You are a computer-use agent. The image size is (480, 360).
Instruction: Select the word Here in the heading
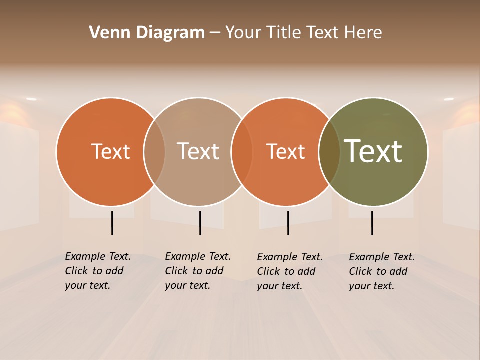point(363,33)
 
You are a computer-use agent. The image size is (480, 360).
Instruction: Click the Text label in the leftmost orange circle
point(110,151)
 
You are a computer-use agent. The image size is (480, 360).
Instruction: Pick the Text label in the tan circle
point(198,151)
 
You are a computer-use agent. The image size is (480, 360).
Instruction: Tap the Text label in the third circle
point(286,151)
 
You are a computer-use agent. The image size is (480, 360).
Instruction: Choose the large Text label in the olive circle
point(373,151)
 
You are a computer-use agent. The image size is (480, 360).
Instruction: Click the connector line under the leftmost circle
point(112,223)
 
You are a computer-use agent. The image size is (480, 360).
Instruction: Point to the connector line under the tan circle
point(200,223)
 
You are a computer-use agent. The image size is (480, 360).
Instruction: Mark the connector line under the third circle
point(288,223)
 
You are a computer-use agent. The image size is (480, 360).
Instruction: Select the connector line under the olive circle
point(372,223)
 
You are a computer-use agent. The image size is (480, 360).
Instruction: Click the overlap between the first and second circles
point(154,151)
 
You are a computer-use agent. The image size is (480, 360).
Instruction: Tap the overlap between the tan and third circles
point(242,151)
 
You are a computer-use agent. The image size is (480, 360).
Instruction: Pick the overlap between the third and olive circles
point(329,151)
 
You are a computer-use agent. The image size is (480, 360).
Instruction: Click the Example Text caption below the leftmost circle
point(98,271)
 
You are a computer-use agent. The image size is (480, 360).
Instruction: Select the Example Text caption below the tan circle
point(198,271)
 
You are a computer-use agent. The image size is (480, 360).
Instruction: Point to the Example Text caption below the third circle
point(290,271)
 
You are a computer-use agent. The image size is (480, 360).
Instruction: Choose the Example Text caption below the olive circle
point(382,271)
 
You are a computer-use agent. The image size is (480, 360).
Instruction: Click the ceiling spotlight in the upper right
point(448,99)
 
